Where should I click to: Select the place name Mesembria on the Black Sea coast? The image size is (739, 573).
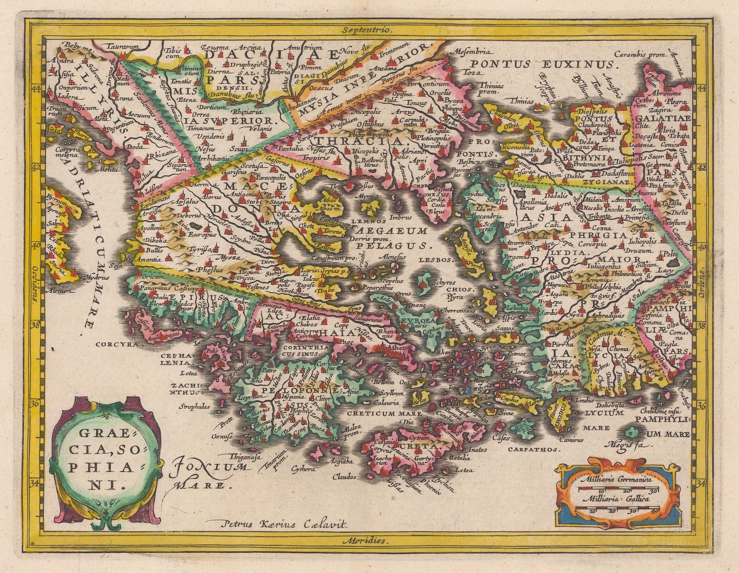coord(471,53)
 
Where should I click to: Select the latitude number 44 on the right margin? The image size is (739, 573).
coord(704,89)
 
